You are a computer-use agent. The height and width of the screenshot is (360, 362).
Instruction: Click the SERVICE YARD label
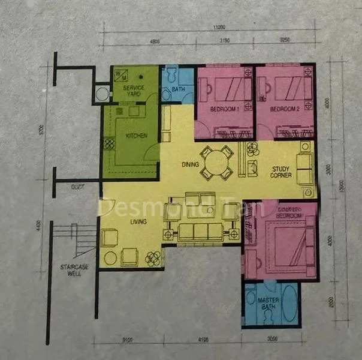tap(134, 91)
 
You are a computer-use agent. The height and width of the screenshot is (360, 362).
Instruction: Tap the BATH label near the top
tap(179, 91)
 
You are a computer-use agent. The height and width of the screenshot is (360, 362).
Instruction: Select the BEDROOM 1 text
tap(225, 110)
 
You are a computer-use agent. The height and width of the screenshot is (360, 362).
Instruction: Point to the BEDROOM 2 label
tap(283, 110)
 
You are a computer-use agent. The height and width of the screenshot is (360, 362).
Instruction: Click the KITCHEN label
tap(136, 136)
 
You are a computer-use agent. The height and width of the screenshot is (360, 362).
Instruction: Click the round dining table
tap(216, 162)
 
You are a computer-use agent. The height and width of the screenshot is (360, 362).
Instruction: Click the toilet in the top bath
tap(171, 74)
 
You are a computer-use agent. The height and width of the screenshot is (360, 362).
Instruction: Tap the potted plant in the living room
tap(153, 258)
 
